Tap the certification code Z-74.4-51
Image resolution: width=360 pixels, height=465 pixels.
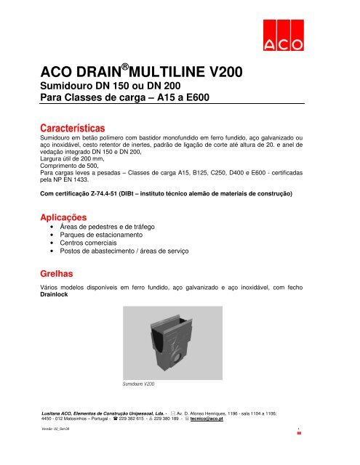click(x=121, y=194)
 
